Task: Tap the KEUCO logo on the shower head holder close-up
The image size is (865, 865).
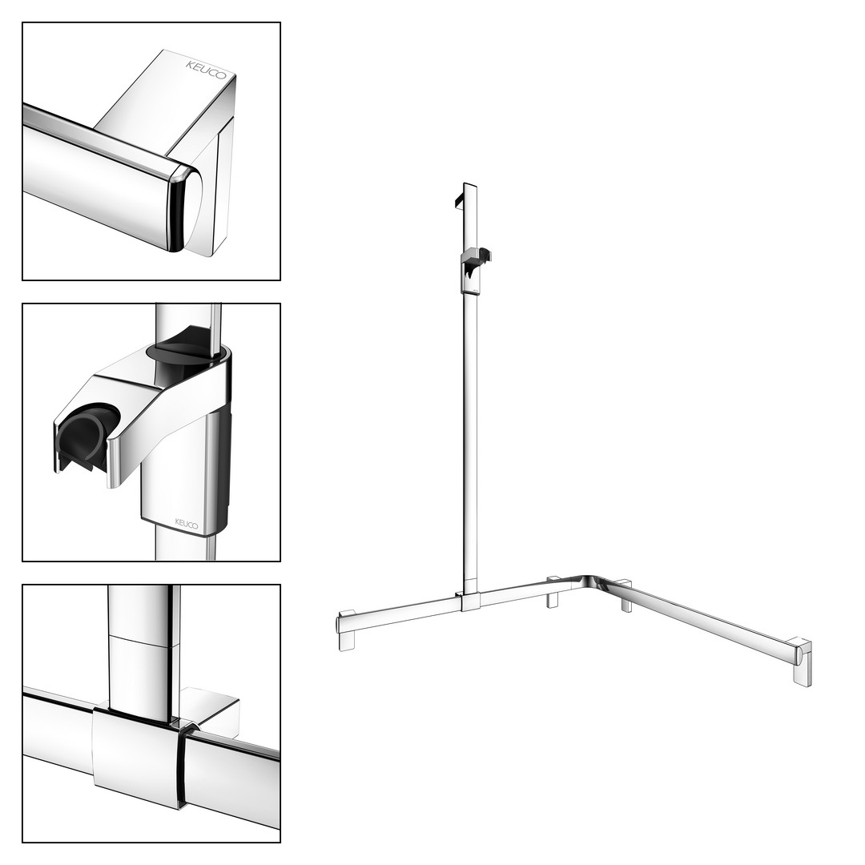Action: click(187, 523)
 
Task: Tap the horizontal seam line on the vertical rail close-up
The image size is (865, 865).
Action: click(143, 641)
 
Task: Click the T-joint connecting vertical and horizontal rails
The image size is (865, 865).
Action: click(469, 601)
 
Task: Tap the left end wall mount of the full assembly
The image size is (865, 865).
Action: click(347, 630)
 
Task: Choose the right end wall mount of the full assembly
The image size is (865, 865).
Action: click(802, 662)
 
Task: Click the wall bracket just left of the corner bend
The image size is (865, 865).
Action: click(553, 593)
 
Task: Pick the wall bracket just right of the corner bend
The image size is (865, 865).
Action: click(626, 596)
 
